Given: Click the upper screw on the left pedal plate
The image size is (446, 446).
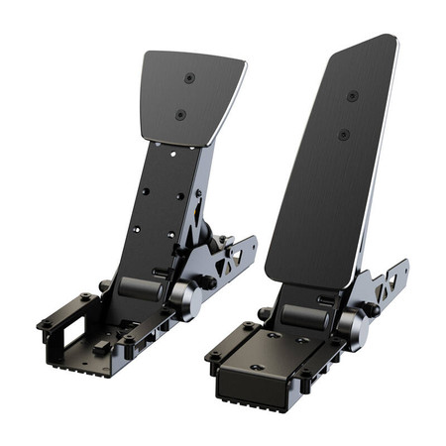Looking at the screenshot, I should click(x=189, y=78).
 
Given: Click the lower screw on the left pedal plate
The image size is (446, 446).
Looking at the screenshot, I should click(x=180, y=115).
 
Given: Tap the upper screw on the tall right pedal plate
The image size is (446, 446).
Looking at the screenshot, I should click(x=352, y=96).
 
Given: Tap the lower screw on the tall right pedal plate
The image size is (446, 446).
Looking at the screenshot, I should click(x=343, y=134).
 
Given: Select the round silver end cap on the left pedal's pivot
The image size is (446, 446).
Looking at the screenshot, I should click(x=184, y=298).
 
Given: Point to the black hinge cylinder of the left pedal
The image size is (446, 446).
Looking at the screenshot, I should click(x=138, y=288).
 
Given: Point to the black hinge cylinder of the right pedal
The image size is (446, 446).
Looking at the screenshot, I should click(x=305, y=315).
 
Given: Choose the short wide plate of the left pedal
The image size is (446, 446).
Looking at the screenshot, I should click(x=190, y=96).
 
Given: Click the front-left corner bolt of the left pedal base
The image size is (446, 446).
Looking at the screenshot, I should click(x=45, y=325).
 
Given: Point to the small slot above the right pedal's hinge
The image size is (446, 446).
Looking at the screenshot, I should click(x=325, y=296).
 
